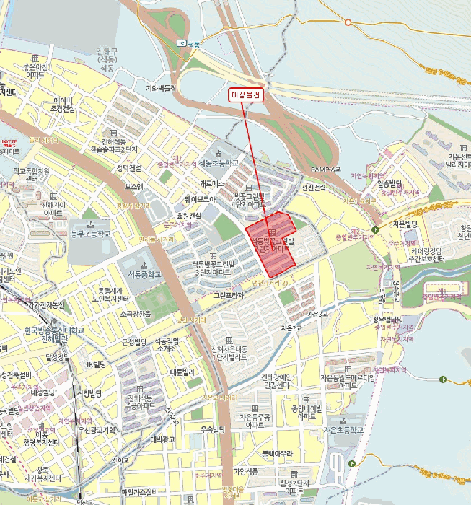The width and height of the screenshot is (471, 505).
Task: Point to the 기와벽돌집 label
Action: point(162,89)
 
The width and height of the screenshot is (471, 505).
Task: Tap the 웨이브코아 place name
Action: point(200,199)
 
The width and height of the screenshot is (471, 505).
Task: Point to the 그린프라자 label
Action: point(230,295)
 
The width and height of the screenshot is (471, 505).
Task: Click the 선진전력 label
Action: point(314,188)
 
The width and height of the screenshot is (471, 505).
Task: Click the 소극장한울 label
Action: point(135,314)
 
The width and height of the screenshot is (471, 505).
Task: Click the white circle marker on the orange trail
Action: point(348,22)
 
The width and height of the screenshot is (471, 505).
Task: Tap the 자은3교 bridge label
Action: point(318,314)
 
